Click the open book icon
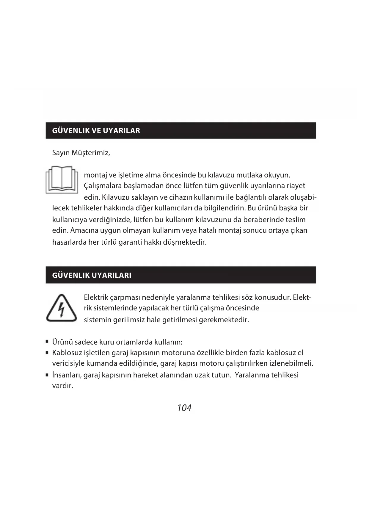[x=62, y=179]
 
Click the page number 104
[x=184, y=408]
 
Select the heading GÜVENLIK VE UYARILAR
[x=96, y=131]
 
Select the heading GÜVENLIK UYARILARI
[x=92, y=275]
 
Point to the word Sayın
[x=61, y=153]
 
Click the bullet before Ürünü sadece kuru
[x=47, y=342]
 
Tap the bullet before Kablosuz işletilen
[x=47, y=353]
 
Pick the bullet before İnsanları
[x=47, y=375]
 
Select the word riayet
[x=296, y=186]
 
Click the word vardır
[x=62, y=386]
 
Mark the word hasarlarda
[x=69, y=242]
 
